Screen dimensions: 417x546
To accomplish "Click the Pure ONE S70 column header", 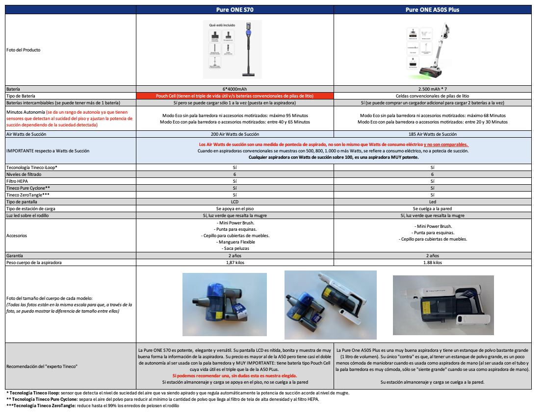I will coord(235,9).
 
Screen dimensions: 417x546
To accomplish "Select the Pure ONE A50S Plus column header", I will coord(432,9).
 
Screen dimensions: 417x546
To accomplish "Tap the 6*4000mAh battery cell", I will coord(235,89).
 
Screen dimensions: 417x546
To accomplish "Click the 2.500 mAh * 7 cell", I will coord(432,89).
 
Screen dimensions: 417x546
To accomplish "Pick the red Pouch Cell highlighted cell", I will coord(235,96).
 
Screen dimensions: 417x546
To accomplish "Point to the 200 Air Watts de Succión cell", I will coord(235,134).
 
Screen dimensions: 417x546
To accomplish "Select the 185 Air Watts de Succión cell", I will coord(432,134).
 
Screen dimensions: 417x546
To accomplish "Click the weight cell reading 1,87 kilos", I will coord(235,263).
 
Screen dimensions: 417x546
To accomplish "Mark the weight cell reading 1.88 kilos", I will coord(432,263).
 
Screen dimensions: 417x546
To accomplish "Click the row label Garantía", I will coord(15,256).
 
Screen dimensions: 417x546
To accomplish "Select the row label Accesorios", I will coord(17,236).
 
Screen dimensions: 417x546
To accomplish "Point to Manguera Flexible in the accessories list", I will coord(235,242).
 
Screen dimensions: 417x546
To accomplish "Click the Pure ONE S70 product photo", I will coord(233,49).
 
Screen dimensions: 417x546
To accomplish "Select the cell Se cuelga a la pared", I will coord(432,209).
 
